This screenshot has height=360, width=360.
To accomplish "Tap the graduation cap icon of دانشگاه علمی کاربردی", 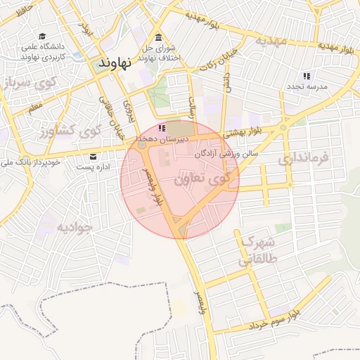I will (x=42, y=37).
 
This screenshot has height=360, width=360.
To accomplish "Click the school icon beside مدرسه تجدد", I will (x=306, y=75).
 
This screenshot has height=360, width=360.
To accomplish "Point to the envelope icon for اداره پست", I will (x=93, y=157).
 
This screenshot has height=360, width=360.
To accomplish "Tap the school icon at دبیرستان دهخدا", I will (x=162, y=129).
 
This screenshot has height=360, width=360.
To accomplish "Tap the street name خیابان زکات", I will (x=205, y=71).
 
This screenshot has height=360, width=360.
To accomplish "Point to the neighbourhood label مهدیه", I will (x=271, y=40).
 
